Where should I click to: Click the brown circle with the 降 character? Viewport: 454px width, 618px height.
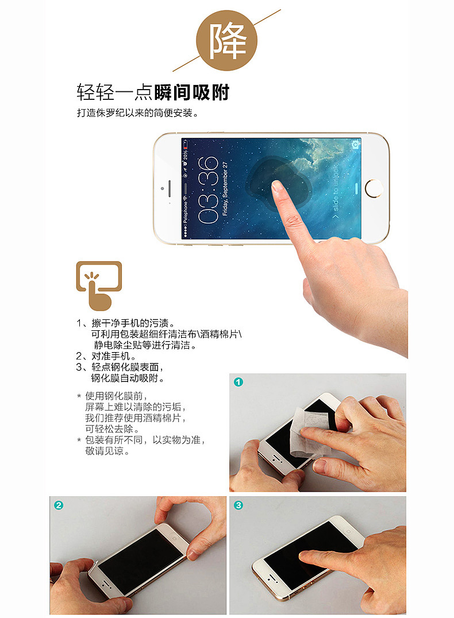pos(226,41)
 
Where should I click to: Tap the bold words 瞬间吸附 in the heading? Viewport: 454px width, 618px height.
pos(192,92)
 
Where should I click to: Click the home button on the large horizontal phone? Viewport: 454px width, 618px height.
pos(374,188)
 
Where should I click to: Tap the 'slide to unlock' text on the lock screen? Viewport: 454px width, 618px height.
pos(335,192)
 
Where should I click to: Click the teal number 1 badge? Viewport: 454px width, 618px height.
pos(238,382)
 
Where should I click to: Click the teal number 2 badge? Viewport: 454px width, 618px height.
pos(59,505)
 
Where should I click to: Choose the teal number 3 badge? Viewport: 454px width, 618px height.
pos(238,505)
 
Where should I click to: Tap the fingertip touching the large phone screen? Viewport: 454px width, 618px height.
pos(277,187)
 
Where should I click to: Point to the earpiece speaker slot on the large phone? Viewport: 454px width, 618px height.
pos(170,188)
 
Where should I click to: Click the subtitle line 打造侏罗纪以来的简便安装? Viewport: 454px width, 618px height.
pos(137,113)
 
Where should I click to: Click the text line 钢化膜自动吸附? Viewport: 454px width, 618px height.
pos(128,378)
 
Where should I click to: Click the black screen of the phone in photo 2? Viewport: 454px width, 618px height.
pos(141,562)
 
